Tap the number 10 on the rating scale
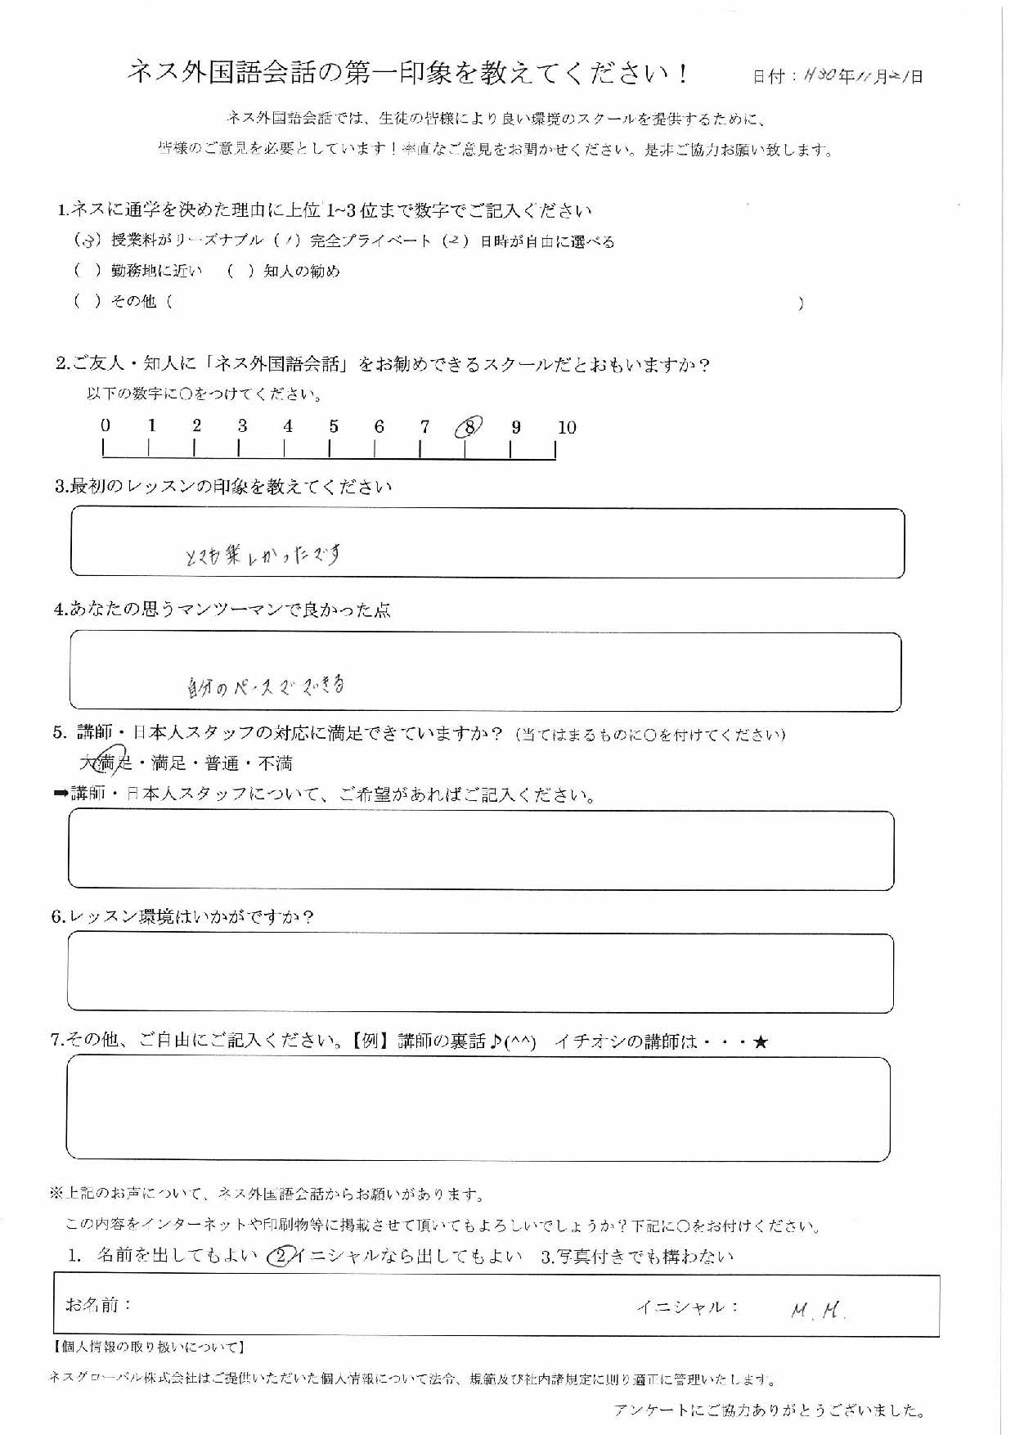567,427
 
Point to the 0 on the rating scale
106,425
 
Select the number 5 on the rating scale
334,426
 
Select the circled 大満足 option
107,762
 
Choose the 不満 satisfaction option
276,763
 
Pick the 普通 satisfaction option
222,763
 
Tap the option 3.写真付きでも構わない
638,1257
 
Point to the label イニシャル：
688,1307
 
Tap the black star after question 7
761,1042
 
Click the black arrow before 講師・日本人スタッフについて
61,794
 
